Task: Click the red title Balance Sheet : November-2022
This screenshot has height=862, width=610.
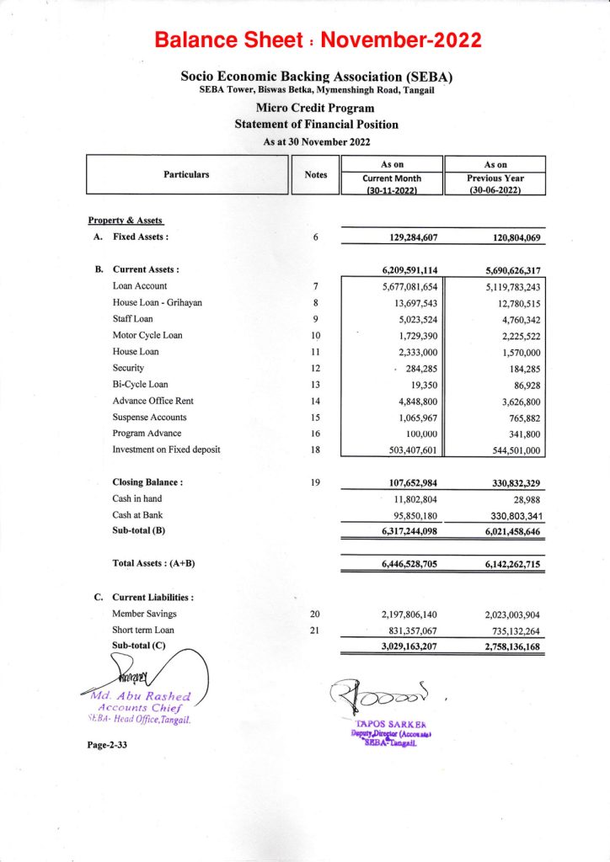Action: pyautogui.click(x=318, y=40)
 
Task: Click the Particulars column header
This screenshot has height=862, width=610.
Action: pyautogui.click(x=186, y=175)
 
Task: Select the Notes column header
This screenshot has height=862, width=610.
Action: pyautogui.click(x=315, y=175)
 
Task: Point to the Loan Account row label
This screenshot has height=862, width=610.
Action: pyautogui.click(x=140, y=286)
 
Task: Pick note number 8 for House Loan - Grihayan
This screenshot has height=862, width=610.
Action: pyautogui.click(x=315, y=302)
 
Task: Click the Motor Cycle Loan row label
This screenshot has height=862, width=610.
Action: pyautogui.click(x=147, y=335)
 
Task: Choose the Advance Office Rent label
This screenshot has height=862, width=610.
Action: pyautogui.click(x=152, y=401)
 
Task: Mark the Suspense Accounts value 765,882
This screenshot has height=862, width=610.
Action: pyautogui.click(x=516, y=417)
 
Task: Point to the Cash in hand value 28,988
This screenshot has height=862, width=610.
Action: pyautogui.click(x=523, y=498)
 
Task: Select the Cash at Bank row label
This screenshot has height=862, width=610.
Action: pyautogui.click(x=137, y=514)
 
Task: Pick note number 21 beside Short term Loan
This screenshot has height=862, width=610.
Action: pyautogui.click(x=315, y=630)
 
